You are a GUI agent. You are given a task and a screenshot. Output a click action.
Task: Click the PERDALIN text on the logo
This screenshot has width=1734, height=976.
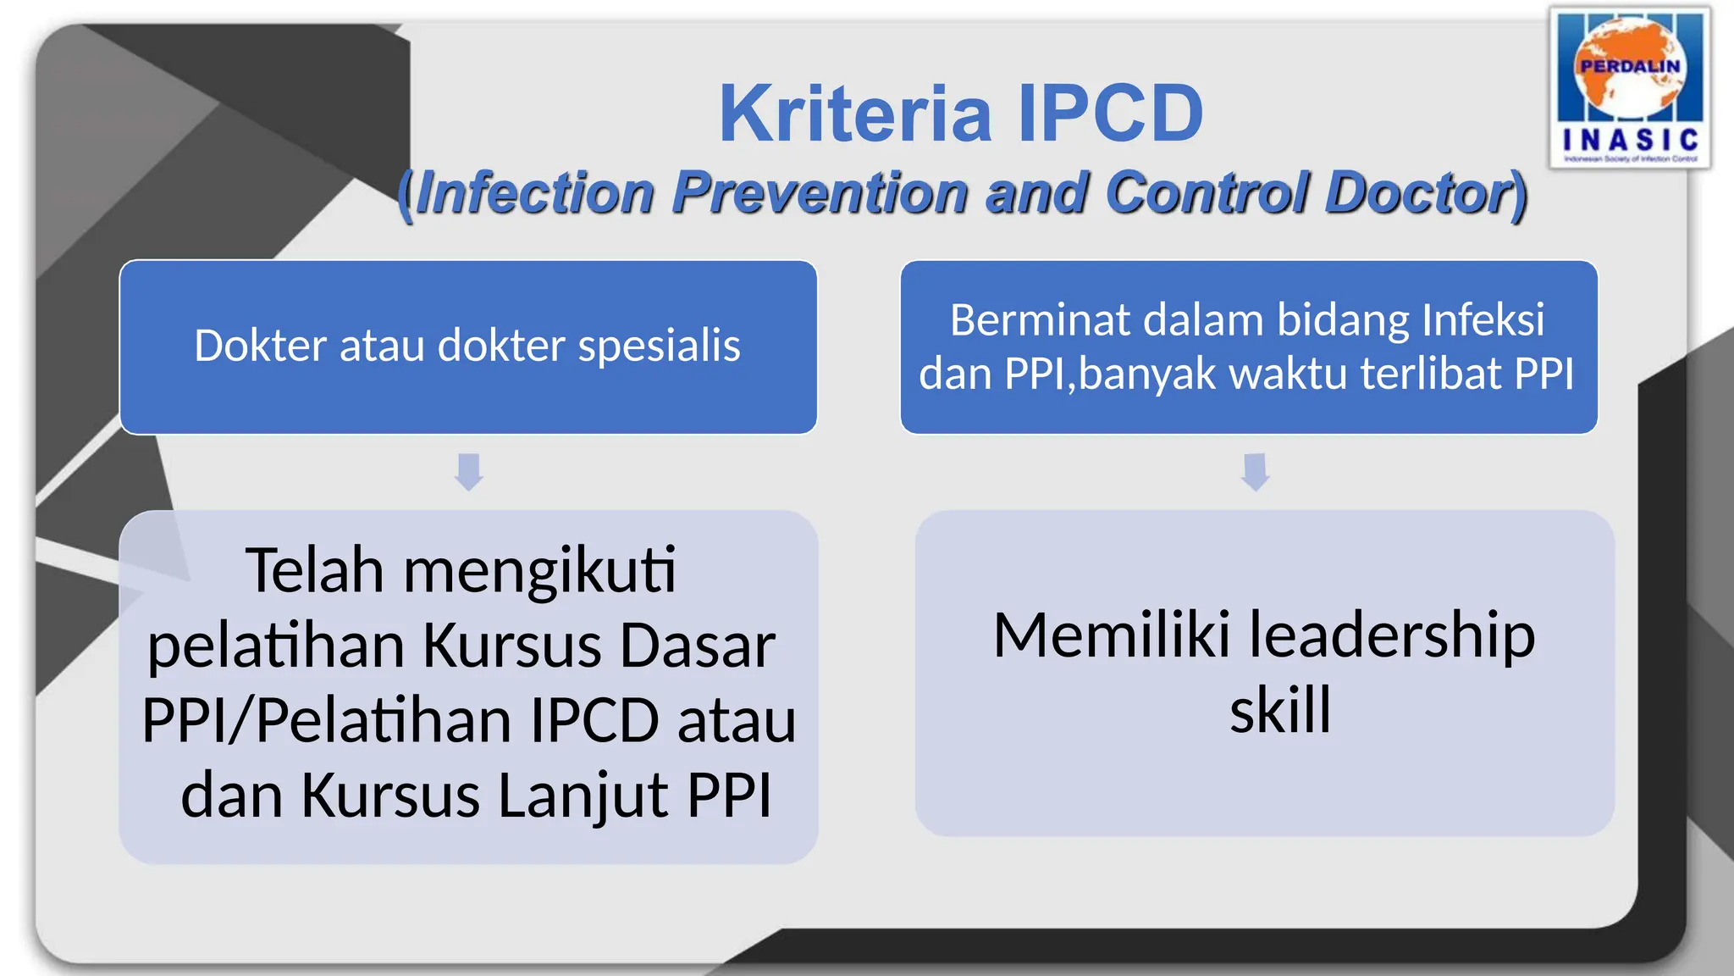[1630, 66]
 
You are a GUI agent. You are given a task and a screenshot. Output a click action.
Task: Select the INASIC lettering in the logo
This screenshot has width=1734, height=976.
[1630, 140]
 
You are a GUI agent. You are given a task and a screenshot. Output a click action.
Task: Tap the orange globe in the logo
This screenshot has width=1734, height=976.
[1630, 68]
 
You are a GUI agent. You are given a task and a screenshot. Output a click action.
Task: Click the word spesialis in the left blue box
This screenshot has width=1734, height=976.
[659, 347]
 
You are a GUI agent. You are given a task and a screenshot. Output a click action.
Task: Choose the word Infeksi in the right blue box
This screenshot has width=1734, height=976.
[1483, 320]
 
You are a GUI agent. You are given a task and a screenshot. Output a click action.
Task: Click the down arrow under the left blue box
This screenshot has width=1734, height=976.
[468, 471]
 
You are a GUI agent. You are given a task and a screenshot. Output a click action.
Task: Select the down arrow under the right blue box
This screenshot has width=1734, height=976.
[1255, 471]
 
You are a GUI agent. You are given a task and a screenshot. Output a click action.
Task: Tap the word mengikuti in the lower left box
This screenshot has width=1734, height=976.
[539, 570]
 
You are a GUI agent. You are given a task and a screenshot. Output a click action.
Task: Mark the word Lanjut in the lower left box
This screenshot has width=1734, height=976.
[583, 796]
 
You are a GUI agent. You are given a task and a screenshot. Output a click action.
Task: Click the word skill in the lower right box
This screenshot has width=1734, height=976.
[1280, 710]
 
